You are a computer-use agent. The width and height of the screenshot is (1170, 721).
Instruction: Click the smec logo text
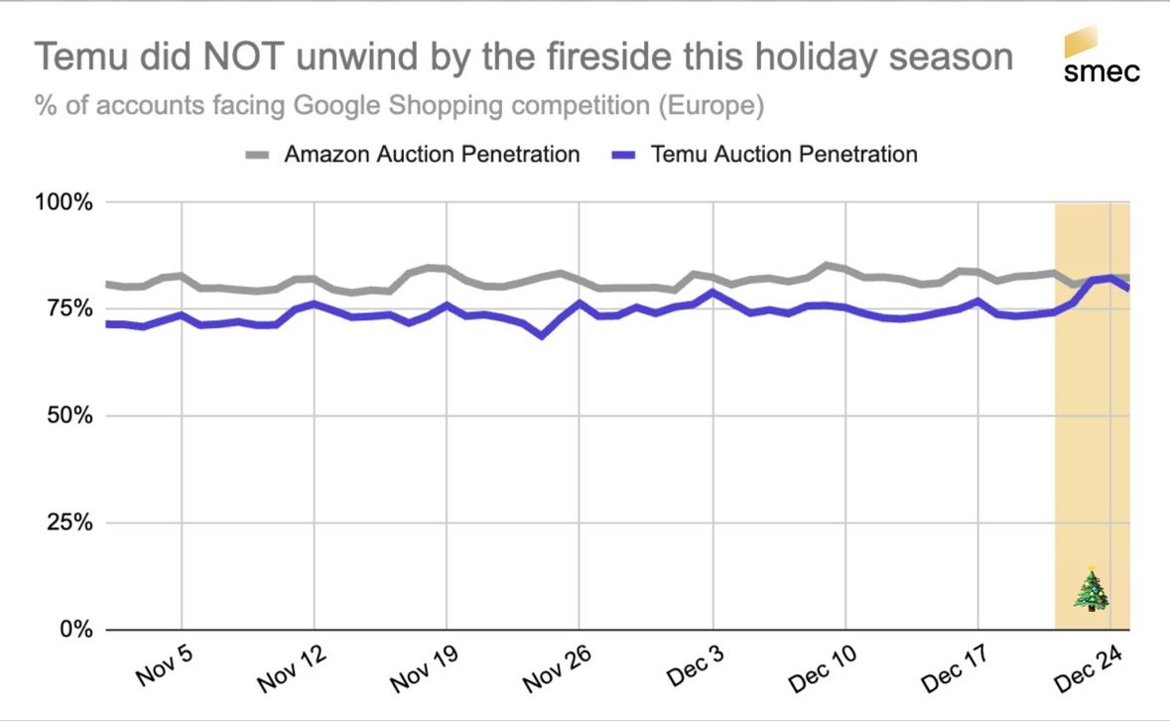point(1102,71)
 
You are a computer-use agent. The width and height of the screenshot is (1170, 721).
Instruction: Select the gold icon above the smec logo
point(1081,42)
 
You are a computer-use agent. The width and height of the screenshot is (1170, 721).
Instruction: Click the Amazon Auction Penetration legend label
point(432,154)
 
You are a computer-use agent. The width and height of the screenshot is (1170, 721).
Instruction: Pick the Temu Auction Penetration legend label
point(784,154)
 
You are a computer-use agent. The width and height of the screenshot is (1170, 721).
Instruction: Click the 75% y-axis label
point(68,308)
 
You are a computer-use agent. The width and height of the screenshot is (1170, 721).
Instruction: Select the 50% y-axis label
point(68,416)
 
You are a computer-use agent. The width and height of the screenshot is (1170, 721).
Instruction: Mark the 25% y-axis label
point(68,523)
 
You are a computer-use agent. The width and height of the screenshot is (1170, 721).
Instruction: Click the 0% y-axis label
point(74,630)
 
